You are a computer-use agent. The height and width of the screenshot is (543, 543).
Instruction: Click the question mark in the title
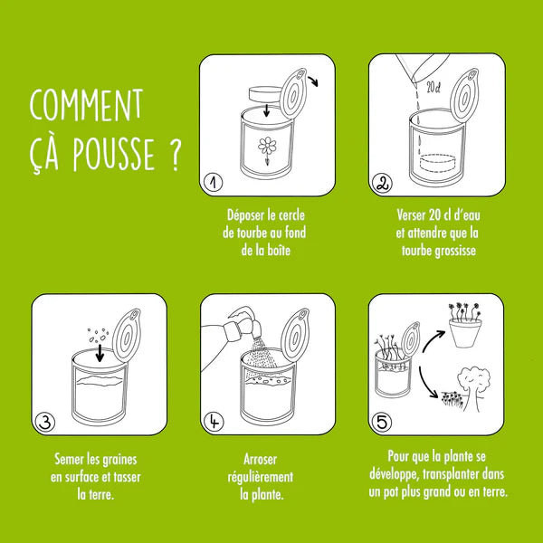click(171, 155)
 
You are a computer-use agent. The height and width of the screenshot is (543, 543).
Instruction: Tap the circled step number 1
click(212, 183)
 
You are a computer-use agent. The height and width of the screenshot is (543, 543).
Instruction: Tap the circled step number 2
click(382, 184)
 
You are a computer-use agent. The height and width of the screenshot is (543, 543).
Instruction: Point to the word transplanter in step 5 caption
click(462, 475)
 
